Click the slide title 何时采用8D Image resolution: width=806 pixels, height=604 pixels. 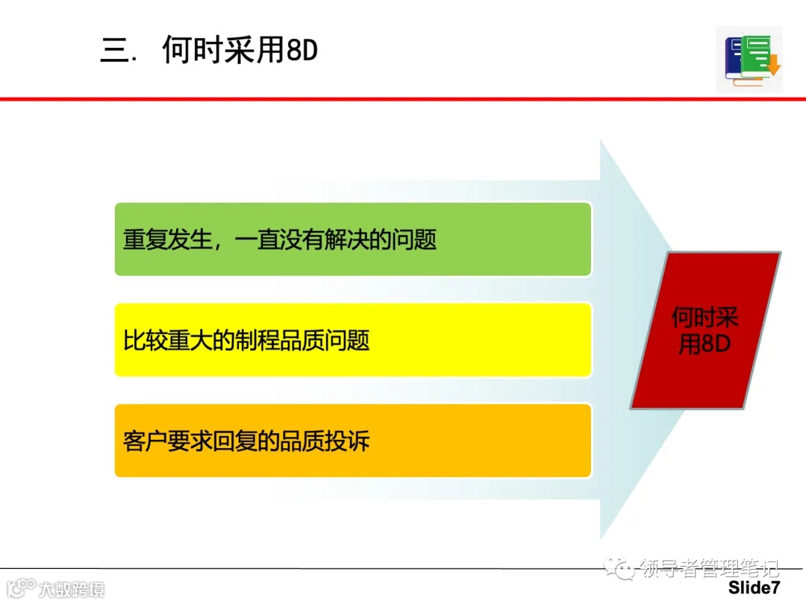(240, 51)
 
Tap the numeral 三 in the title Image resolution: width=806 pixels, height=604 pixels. (115, 51)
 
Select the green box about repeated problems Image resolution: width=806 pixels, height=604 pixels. (352, 239)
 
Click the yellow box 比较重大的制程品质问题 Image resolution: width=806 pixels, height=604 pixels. (352, 340)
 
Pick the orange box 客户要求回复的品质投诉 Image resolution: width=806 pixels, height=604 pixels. (352, 441)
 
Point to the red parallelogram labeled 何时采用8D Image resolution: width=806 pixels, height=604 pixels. (705, 330)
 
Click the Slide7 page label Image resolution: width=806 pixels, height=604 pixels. (754, 588)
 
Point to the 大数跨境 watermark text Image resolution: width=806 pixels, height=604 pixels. (72, 588)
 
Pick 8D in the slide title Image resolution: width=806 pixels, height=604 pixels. (302, 51)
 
